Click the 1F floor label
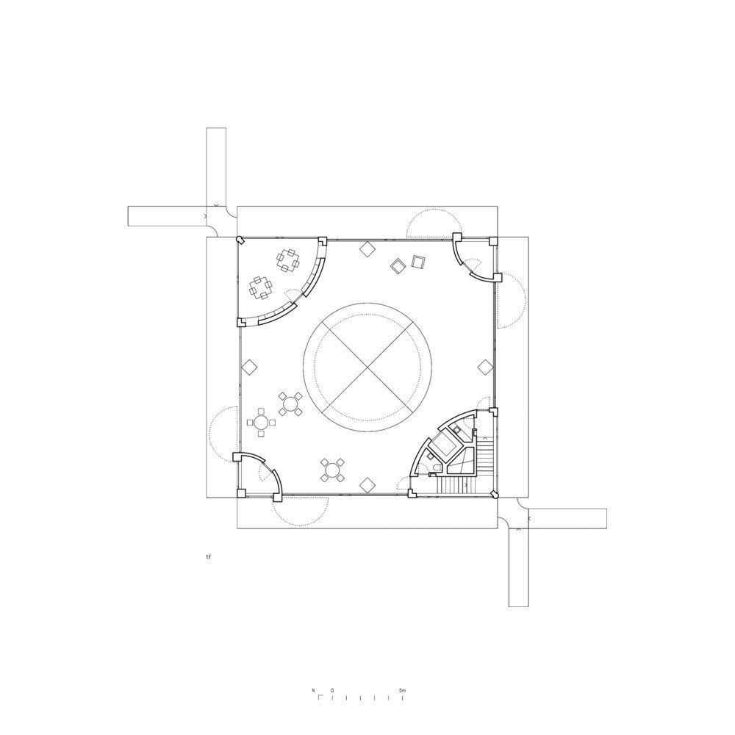209,559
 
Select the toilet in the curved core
437,468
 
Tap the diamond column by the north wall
368,248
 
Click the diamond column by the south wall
367,484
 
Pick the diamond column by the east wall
485,366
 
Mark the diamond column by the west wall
249,366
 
